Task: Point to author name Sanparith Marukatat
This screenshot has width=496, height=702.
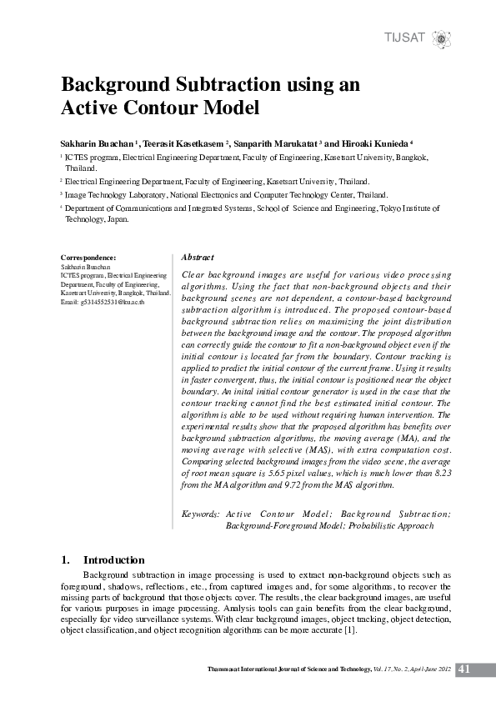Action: tap(275, 143)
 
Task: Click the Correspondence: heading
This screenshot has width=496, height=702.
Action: tap(89, 258)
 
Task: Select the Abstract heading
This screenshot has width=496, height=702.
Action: tap(198, 258)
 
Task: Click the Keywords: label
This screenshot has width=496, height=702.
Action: tap(201, 514)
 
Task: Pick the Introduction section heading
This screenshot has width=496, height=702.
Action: tap(114, 560)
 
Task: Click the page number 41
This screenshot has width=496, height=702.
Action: tap(464, 669)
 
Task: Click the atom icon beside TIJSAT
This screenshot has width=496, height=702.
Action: tap(440, 38)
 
